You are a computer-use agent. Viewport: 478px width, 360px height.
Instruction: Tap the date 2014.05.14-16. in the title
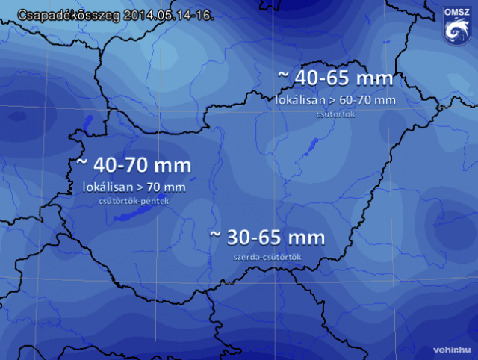[164, 13]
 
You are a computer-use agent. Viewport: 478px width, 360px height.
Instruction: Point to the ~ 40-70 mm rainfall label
[134, 165]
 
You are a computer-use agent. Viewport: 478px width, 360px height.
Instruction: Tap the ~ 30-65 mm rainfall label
[267, 238]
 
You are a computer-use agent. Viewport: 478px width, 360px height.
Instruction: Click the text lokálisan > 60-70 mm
[335, 99]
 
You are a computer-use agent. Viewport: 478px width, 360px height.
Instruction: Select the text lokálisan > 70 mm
[133, 187]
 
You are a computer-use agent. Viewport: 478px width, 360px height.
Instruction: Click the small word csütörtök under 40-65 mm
[335, 114]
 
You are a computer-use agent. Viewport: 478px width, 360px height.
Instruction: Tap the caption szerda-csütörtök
[267, 257]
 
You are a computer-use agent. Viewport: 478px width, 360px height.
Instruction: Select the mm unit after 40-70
[176, 165]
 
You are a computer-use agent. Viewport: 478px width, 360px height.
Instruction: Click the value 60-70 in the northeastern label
[360, 99]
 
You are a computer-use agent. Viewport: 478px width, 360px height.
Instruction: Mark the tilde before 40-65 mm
[283, 77]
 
